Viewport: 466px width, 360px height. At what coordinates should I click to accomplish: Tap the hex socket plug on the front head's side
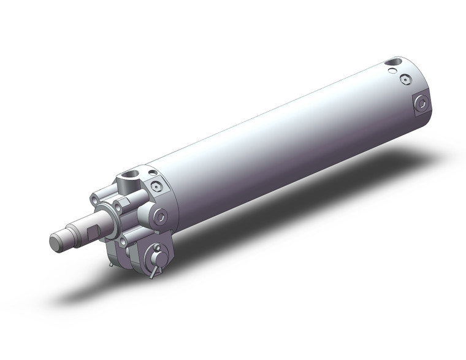161,217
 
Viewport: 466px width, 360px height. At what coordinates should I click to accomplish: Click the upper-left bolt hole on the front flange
94,198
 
